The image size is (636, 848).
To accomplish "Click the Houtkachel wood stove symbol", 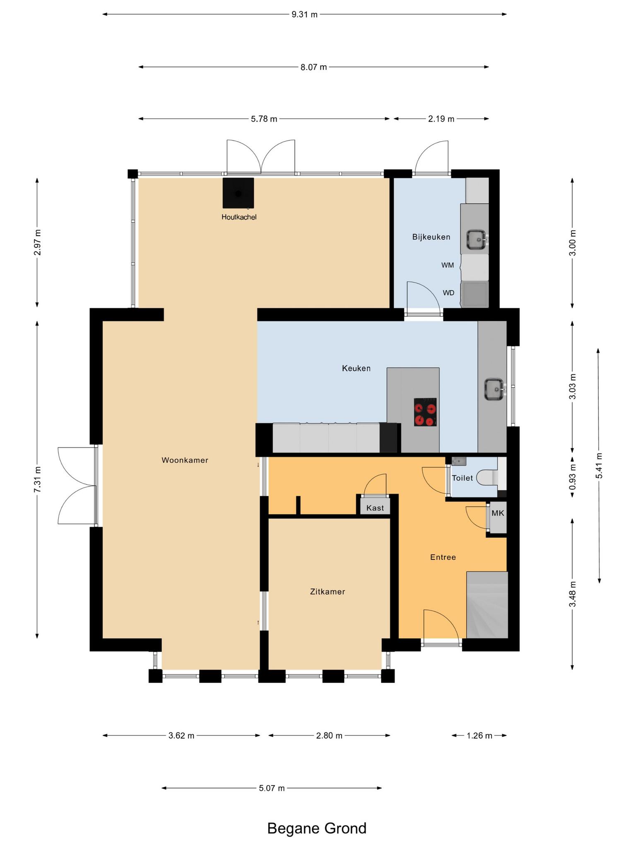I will pos(238,193).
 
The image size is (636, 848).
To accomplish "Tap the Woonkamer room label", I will pos(185,460).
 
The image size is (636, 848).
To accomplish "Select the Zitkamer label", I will pos(328,592).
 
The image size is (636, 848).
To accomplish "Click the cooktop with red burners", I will pos(425,412).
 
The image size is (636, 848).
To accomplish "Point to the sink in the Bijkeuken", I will pos(477,239).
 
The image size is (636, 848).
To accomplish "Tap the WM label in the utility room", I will pos(448,265).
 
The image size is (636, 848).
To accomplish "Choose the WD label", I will pos(448,293).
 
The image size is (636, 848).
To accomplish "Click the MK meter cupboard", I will pos(498,513).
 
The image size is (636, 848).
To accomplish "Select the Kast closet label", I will pos(375,508).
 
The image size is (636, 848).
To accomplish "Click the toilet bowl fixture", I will pos(487,477).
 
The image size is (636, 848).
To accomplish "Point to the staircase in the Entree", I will pos(487,605).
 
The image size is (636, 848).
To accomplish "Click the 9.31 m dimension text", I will pos(304,14).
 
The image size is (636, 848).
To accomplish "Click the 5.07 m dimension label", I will pos(272,788).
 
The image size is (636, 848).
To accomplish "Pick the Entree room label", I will pos(443,557).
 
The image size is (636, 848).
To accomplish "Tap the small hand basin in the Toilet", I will pos(459,461).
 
